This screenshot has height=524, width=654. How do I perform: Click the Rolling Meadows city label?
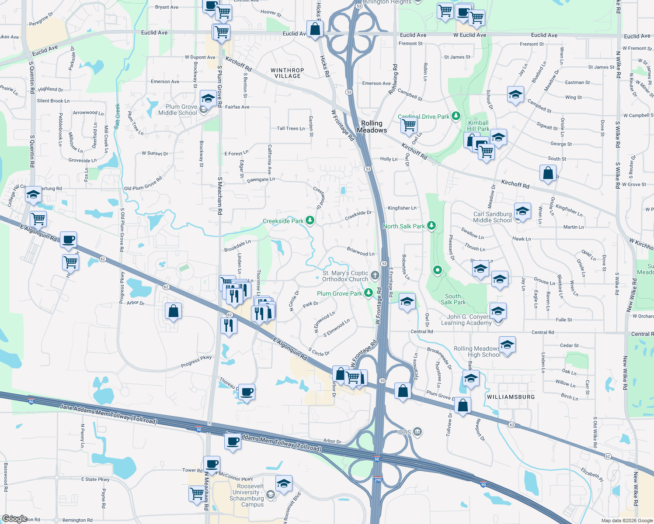(372, 127)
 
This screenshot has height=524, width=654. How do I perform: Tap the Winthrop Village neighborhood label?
(287, 73)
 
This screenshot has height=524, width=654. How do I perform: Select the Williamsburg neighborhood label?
(511, 397)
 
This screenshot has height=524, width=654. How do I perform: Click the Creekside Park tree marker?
(310, 220)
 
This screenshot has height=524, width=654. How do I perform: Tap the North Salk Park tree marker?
(431, 225)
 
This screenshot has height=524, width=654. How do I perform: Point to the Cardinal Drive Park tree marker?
(456, 116)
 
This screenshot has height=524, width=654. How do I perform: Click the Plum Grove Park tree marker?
(369, 293)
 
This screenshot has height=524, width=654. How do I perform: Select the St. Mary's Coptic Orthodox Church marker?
(375, 275)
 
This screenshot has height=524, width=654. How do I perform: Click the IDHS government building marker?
(417, 432)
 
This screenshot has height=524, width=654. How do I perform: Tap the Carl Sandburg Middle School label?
(492, 217)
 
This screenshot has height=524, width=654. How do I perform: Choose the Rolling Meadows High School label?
(477, 352)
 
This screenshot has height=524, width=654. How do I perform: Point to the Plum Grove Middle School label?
(177, 110)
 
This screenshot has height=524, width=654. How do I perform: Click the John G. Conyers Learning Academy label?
(466, 320)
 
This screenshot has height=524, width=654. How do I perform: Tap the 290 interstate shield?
(378, 479)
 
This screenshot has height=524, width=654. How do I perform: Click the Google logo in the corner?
(14, 519)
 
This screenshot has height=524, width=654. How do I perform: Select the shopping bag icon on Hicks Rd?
(315, 30)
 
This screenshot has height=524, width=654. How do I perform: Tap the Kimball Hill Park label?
(478, 126)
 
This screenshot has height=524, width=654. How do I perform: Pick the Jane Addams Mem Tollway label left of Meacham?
(108, 414)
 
